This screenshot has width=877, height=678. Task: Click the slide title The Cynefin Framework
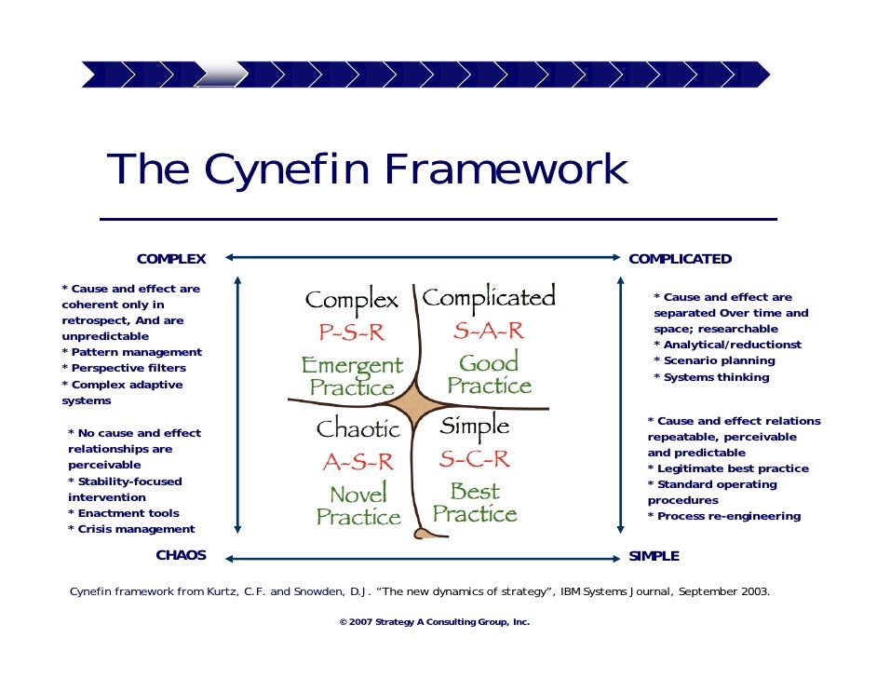(x=368, y=170)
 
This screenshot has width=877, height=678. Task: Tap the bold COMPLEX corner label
(x=171, y=259)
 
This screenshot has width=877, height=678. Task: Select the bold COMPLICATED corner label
(x=680, y=259)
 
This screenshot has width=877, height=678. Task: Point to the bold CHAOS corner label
(x=181, y=556)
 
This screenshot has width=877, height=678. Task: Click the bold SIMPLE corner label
(x=654, y=556)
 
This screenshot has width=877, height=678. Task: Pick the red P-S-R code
(x=352, y=333)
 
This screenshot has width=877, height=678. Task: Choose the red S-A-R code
(x=489, y=331)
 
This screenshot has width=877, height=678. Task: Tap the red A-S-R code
(x=358, y=461)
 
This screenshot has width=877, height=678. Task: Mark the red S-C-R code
(x=475, y=458)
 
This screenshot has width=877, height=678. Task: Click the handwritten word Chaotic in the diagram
(x=358, y=429)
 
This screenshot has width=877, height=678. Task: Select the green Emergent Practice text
(x=353, y=376)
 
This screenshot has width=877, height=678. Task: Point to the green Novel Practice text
(x=358, y=505)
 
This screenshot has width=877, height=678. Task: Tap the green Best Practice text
(x=475, y=502)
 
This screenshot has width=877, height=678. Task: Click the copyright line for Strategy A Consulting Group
(x=435, y=621)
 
